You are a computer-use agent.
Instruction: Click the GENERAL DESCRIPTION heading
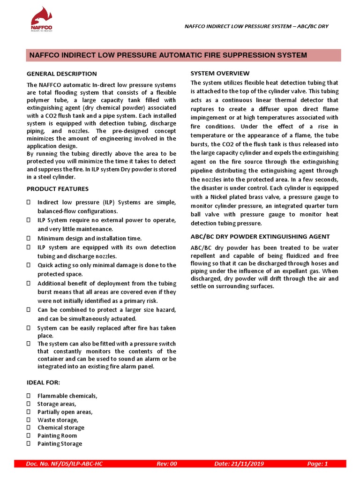click(61, 74)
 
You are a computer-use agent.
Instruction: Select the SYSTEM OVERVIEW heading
click(220, 73)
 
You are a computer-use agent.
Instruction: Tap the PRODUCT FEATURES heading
click(58, 188)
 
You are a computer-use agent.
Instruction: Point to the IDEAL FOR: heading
click(43, 382)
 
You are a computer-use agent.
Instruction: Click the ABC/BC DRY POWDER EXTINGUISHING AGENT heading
click(260, 236)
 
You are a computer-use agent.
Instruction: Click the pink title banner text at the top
click(168, 55)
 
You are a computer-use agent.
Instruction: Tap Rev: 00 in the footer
click(167, 464)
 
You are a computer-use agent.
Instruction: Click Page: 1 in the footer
click(317, 464)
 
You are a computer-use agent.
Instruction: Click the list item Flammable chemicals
click(67, 396)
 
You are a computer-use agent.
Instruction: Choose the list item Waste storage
click(58, 420)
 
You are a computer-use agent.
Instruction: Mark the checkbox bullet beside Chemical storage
click(29, 427)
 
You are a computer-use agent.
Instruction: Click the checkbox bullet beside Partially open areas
click(29, 412)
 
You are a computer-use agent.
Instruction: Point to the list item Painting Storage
click(60, 443)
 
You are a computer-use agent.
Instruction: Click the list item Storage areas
click(57, 404)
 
